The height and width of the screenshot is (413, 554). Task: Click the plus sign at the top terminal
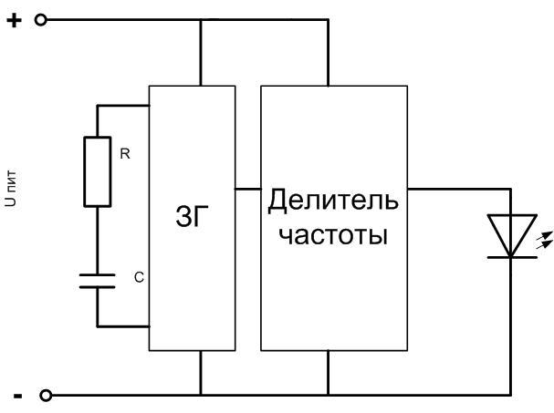pos(14,19)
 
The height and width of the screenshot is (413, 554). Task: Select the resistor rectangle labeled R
pos(97,171)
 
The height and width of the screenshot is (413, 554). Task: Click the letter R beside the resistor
pos(125,155)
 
